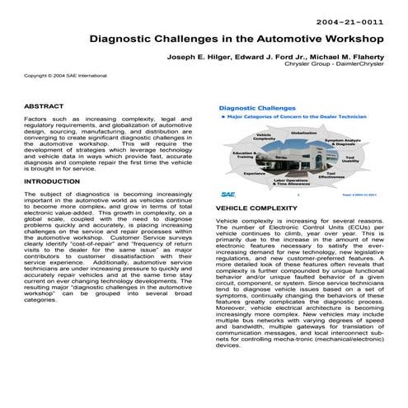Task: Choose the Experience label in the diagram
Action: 254,174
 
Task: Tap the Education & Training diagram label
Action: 244,154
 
